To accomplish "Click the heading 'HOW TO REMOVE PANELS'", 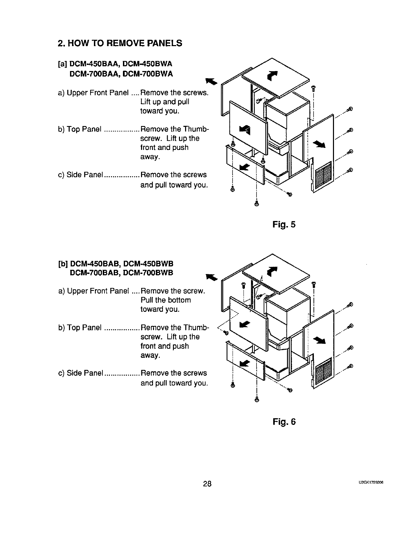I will tap(120, 43).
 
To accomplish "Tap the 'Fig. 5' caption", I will tap(284, 225).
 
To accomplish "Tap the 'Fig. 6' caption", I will tap(284, 422).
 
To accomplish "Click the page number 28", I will tap(207, 484).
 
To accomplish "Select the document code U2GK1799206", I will tap(373, 483).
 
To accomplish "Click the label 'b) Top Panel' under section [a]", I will tap(80, 129).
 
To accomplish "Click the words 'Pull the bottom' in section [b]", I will tap(166, 300).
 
